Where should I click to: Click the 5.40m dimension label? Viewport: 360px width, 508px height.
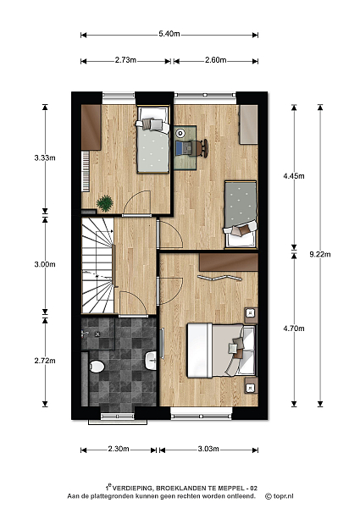169,34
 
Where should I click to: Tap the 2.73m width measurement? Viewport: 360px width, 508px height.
125,60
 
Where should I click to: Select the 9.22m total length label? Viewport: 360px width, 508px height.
320,254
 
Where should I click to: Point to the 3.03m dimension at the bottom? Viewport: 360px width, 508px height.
208,449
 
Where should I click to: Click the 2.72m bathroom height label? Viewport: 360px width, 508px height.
45,361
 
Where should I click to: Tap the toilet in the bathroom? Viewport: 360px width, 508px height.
97,367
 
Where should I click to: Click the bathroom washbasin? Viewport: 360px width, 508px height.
151,361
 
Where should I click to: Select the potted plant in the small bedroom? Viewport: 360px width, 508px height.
105,203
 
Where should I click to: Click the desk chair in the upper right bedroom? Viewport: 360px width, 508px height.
203,148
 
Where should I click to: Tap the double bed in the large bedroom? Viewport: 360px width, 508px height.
221,351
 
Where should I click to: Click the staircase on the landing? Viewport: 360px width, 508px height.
97,265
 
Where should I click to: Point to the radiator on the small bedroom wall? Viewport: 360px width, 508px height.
86,171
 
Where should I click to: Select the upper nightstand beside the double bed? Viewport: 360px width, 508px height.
251,315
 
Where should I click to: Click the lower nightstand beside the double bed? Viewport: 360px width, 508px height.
251,385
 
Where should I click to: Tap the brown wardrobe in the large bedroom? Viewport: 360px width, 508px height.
229,262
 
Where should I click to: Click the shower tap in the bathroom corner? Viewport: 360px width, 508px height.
85,333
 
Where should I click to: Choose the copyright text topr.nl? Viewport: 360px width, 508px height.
280,496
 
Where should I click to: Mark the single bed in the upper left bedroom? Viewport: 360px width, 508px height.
153,140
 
